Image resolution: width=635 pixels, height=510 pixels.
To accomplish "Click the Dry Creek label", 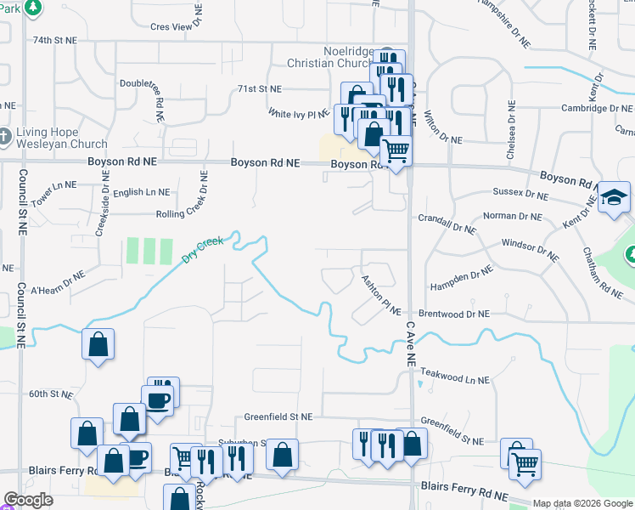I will click(202, 248).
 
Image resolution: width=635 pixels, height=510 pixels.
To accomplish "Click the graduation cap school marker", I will click(614, 199).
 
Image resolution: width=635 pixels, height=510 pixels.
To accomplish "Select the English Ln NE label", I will click(141, 193).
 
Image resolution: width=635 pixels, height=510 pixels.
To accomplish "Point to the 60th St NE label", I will click(52, 394).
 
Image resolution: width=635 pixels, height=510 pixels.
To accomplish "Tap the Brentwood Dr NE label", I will click(454, 314).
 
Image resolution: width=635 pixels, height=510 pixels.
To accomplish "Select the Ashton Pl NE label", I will click(380, 297).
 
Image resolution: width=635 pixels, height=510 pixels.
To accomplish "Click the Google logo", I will click(29, 500).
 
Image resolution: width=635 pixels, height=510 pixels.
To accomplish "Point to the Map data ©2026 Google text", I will click(582, 503).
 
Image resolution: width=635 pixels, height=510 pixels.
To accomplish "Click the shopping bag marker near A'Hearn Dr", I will click(98, 344).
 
